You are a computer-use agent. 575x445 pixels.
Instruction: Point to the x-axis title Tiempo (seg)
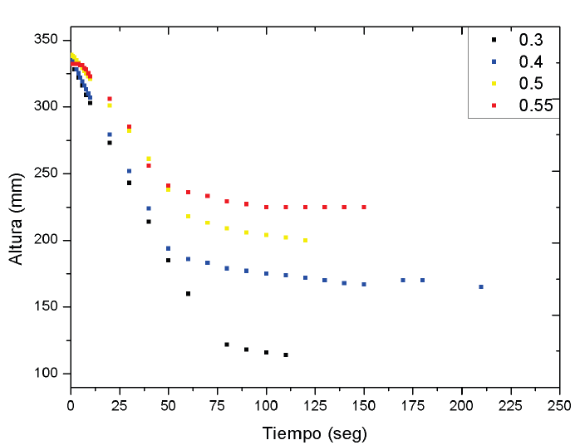[314, 433]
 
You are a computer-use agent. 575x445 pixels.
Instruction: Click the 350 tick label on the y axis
[45, 41]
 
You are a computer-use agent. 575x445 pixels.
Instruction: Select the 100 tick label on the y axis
[45, 374]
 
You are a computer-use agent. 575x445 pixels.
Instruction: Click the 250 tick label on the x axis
[559, 406]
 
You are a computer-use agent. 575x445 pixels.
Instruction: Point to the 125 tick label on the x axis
[314, 406]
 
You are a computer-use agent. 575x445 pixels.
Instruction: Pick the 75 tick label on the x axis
[217, 406]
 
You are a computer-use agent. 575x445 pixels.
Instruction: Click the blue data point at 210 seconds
[481, 286]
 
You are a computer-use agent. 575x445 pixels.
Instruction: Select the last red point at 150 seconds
[364, 207]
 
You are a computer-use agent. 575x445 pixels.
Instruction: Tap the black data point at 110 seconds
[286, 355]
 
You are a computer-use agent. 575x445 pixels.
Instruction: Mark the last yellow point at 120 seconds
[305, 240]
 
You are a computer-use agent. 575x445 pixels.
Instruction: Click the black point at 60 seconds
[188, 293]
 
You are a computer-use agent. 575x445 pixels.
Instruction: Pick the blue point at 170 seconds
[403, 280]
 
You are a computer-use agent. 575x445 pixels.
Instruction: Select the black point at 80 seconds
[227, 344]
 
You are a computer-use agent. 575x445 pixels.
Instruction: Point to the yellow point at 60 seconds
[188, 216]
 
